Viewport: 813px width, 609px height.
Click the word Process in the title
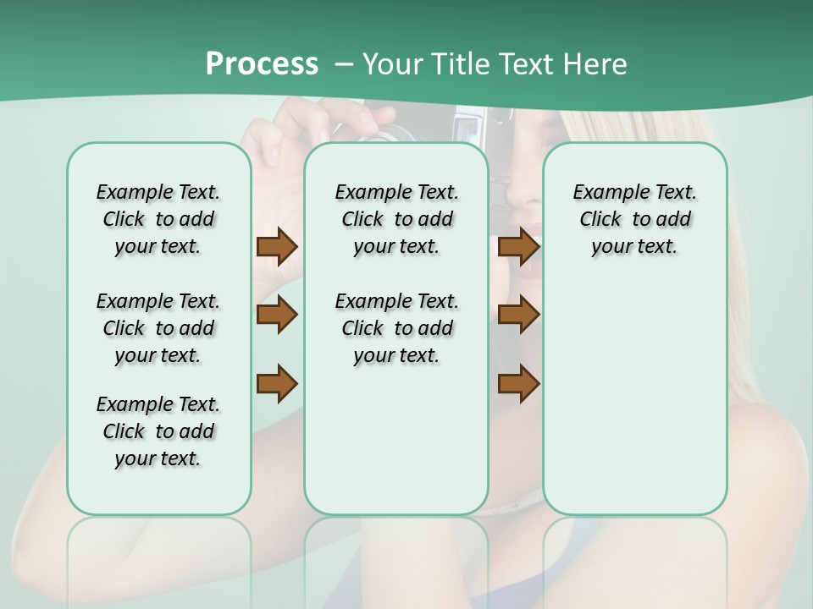[x=262, y=63]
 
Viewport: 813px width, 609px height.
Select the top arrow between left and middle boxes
[x=277, y=246]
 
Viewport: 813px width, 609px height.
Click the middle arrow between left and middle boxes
[x=277, y=315]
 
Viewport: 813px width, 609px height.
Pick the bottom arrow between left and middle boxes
[x=277, y=383]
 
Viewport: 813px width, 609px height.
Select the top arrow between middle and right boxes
[x=518, y=246]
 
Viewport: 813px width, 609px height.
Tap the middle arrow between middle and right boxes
[x=518, y=315]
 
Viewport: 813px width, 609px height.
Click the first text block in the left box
[x=158, y=219]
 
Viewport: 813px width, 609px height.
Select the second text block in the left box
[x=158, y=328]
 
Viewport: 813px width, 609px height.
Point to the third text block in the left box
[x=158, y=431]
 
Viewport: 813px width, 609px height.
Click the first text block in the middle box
[x=396, y=219]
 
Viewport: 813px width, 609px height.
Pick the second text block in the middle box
[x=396, y=328]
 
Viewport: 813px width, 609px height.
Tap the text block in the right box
[x=634, y=219]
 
